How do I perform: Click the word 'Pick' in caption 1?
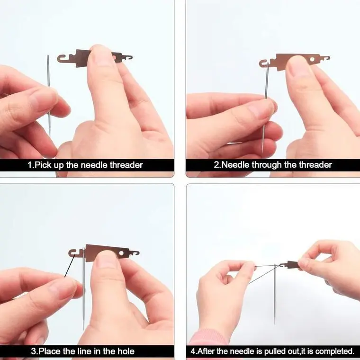coord(43,165)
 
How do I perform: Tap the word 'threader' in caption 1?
coord(126,165)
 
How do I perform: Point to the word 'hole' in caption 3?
coord(126,351)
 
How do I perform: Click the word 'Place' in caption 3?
coord(49,351)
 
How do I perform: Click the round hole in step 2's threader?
coord(312,60)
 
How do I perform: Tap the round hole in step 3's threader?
coord(121,253)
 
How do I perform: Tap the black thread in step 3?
coord(70,265)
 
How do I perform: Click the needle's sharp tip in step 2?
coord(262,153)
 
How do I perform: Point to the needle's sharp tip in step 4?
coord(275,324)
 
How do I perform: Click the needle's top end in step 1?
coord(48,55)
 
